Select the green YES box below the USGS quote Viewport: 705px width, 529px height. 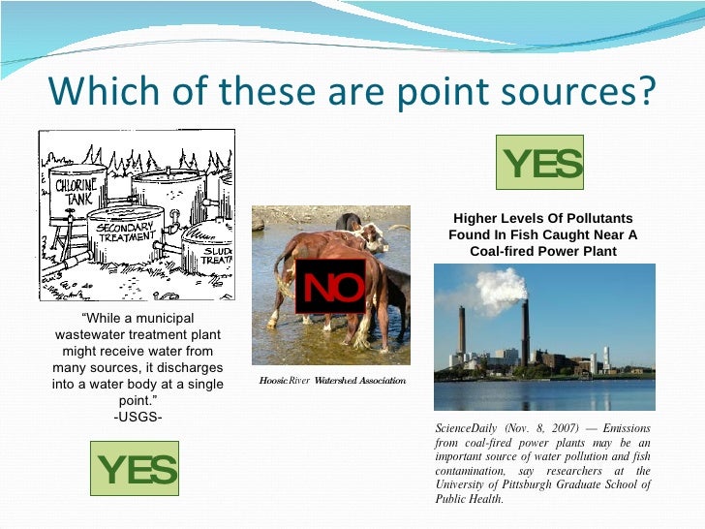point(135,469)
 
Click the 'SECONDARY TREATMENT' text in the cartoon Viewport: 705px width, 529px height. point(125,232)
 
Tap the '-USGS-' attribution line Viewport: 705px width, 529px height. point(138,418)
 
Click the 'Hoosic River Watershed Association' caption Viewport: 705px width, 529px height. point(331,381)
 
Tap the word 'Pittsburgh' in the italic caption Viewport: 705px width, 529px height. point(536,484)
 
